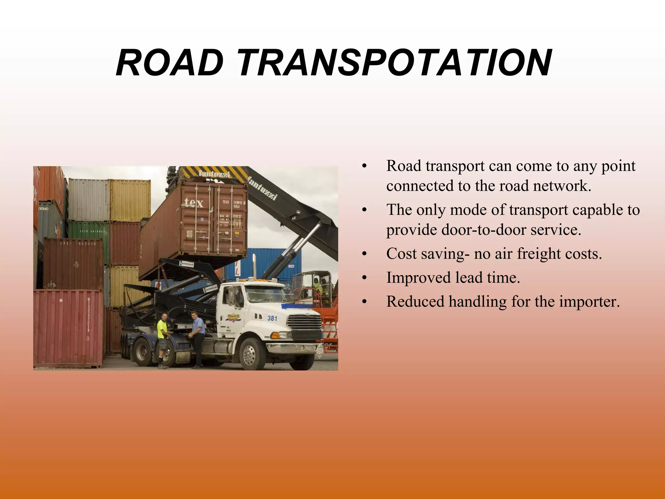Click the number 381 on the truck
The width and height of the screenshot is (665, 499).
[x=272, y=318]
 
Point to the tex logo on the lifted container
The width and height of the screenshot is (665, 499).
[x=194, y=203]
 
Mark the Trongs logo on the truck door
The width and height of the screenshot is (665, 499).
[x=233, y=317]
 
